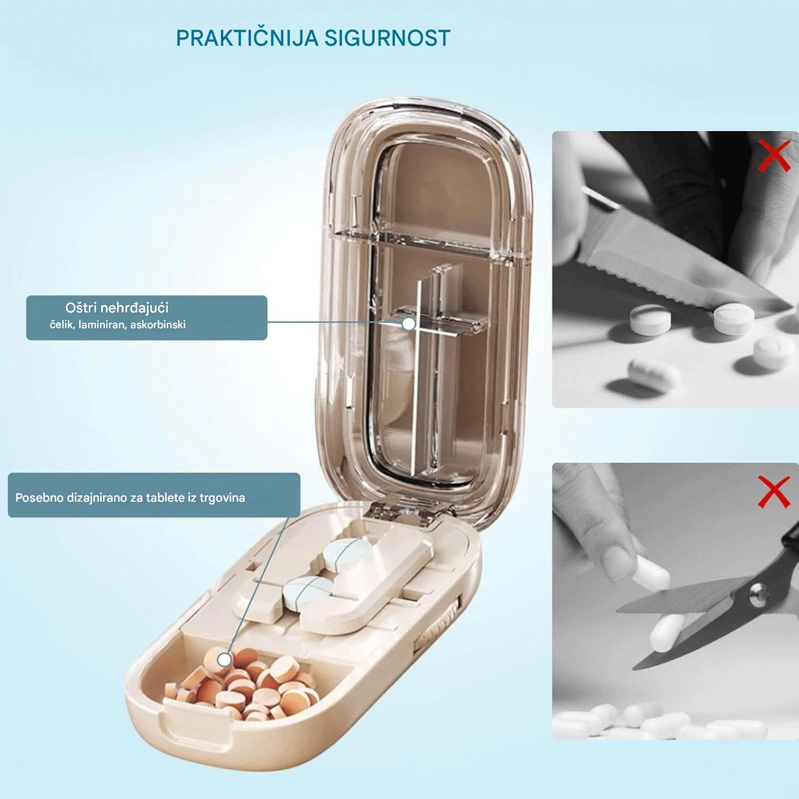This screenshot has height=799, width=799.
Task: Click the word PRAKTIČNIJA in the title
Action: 247,38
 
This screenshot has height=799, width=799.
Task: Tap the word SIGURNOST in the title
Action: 387,38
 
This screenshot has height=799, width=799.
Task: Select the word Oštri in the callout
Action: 81,307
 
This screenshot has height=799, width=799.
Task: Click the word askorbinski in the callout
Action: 158,325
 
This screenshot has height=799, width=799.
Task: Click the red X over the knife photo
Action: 774,156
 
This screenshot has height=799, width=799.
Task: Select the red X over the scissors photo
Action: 774,492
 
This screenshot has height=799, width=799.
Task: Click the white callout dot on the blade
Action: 409,323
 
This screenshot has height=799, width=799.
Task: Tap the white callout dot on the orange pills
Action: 224,659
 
